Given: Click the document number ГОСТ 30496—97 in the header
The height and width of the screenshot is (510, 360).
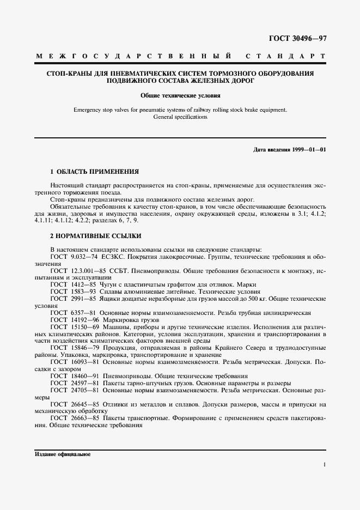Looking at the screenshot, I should [x=297, y=38].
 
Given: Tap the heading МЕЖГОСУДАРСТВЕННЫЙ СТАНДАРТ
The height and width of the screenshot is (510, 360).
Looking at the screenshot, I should [x=180, y=56].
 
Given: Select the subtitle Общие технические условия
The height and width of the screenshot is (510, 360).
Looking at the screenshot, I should [x=180, y=95].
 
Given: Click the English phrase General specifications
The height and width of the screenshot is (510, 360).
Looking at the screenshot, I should [x=180, y=117].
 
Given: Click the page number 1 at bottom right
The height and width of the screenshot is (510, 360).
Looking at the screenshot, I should [x=324, y=465].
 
